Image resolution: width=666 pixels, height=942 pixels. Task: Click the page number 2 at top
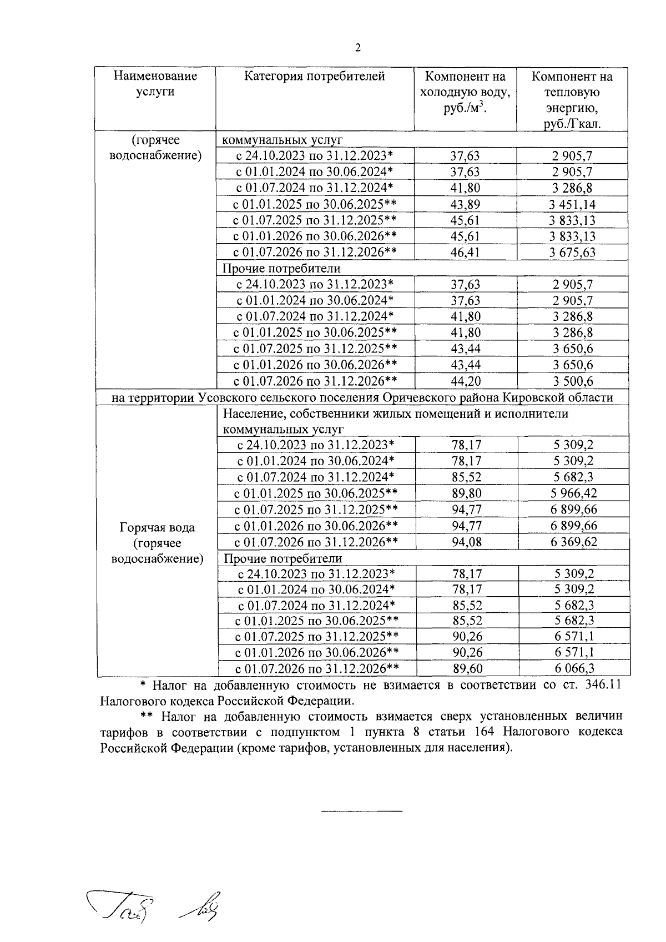tap(358, 48)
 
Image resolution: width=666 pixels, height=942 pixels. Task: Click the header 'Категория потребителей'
tap(315, 77)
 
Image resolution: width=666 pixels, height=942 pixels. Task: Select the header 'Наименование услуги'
tap(155, 84)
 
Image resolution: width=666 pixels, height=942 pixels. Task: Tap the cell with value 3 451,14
tap(572, 204)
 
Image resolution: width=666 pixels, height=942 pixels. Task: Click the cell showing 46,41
tap(465, 253)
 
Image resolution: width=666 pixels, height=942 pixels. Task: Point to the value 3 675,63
tap(572, 253)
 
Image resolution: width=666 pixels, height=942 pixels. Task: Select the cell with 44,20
tap(466, 381)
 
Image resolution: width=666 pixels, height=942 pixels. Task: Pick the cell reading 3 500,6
tap(573, 381)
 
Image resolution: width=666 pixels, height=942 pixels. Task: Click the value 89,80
tap(466, 493)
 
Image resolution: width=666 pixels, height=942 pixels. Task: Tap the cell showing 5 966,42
tap(574, 493)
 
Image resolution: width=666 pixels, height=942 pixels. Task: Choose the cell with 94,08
tap(466, 542)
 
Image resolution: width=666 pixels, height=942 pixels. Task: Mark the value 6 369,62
tap(574, 542)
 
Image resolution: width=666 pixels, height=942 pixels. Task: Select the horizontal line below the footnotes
tap(362, 812)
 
